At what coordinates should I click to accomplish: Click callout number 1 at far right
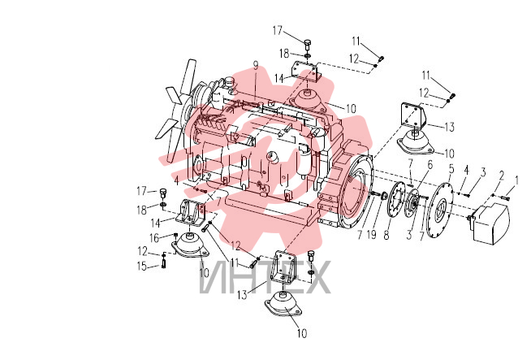tap(516, 180)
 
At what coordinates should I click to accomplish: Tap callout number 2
tap(502, 176)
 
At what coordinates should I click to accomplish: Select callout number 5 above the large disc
tap(451, 168)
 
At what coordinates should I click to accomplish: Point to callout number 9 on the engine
tap(256, 66)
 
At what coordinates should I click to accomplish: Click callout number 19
tap(372, 235)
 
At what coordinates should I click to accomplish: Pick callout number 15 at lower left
tap(142, 266)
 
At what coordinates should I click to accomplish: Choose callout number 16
tap(154, 238)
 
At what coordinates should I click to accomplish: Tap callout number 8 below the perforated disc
tap(386, 235)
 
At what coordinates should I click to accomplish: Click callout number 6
tap(430, 165)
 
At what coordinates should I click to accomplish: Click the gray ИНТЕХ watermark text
tap(265, 277)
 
